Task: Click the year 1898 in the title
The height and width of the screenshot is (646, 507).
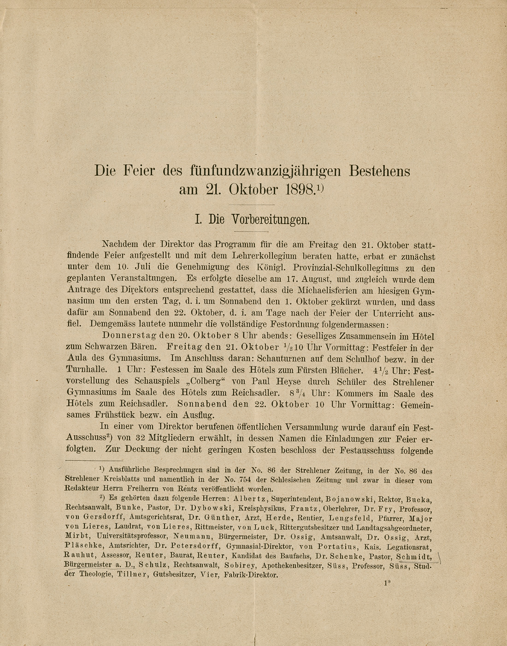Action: (x=300, y=190)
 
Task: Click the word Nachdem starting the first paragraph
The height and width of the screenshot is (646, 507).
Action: (x=119, y=244)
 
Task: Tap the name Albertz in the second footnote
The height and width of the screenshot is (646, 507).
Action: (x=250, y=499)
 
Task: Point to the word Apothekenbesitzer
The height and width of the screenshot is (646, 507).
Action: (x=292, y=565)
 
